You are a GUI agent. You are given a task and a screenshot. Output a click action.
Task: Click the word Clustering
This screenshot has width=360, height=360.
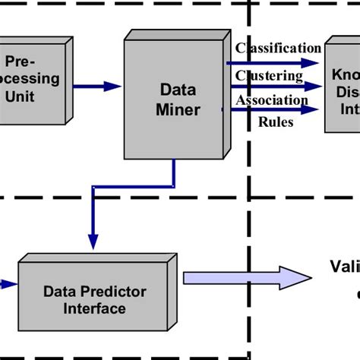269,75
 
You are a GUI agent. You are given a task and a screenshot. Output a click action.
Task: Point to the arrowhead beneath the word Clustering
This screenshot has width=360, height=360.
310,87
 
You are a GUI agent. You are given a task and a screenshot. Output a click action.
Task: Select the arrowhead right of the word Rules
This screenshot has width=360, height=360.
308,110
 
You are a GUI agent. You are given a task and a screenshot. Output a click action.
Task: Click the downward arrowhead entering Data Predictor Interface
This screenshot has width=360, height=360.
93,241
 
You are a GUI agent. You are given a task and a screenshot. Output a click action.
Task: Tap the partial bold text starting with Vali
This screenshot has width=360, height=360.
344,266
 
